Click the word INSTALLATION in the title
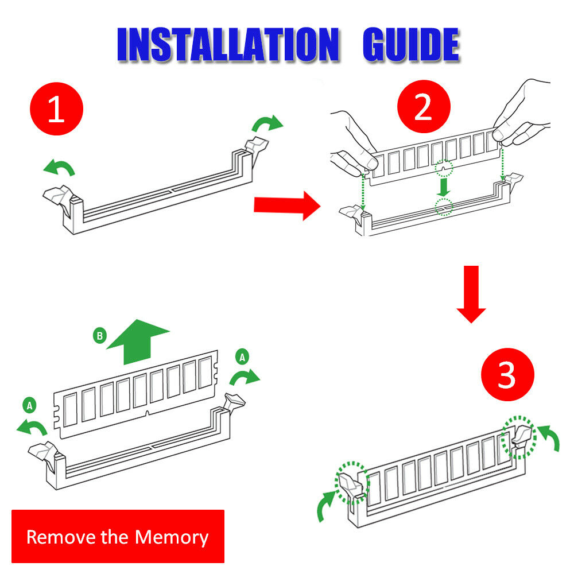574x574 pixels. pyautogui.click(x=228, y=44)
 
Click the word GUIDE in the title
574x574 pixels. pyautogui.click(x=411, y=44)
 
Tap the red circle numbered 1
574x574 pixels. pyautogui.click(x=56, y=108)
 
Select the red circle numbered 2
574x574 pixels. pyautogui.click(x=424, y=107)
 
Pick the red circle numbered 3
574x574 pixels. pyautogui.click(x=507, y=374)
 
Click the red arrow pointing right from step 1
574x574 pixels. pyautogui.click(x=287, y=205)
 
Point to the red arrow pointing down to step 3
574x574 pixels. pyautogui.click(x=471, y=294)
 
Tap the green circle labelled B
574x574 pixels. pyautogui.click(x=99, y=335)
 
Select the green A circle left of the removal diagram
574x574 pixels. pyautogui.click(x=30, y=405)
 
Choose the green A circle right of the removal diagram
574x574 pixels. pyautogui.click(x=242, y=357)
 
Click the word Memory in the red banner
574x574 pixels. pyautogui.click(x=171, y=537)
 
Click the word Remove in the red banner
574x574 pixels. pyautogui.click(x=61, y=537)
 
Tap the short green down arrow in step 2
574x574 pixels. pyautogui.click(x=444, y=187)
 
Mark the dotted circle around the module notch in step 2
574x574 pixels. pyautogui.click(x=444, y=169)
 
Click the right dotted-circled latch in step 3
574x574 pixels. pyautogui.click(x=519, y=437)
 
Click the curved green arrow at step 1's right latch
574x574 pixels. pyautogui.click(x=267, y=123)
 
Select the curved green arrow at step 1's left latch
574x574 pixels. pyautogui.click(x=59, y=167)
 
